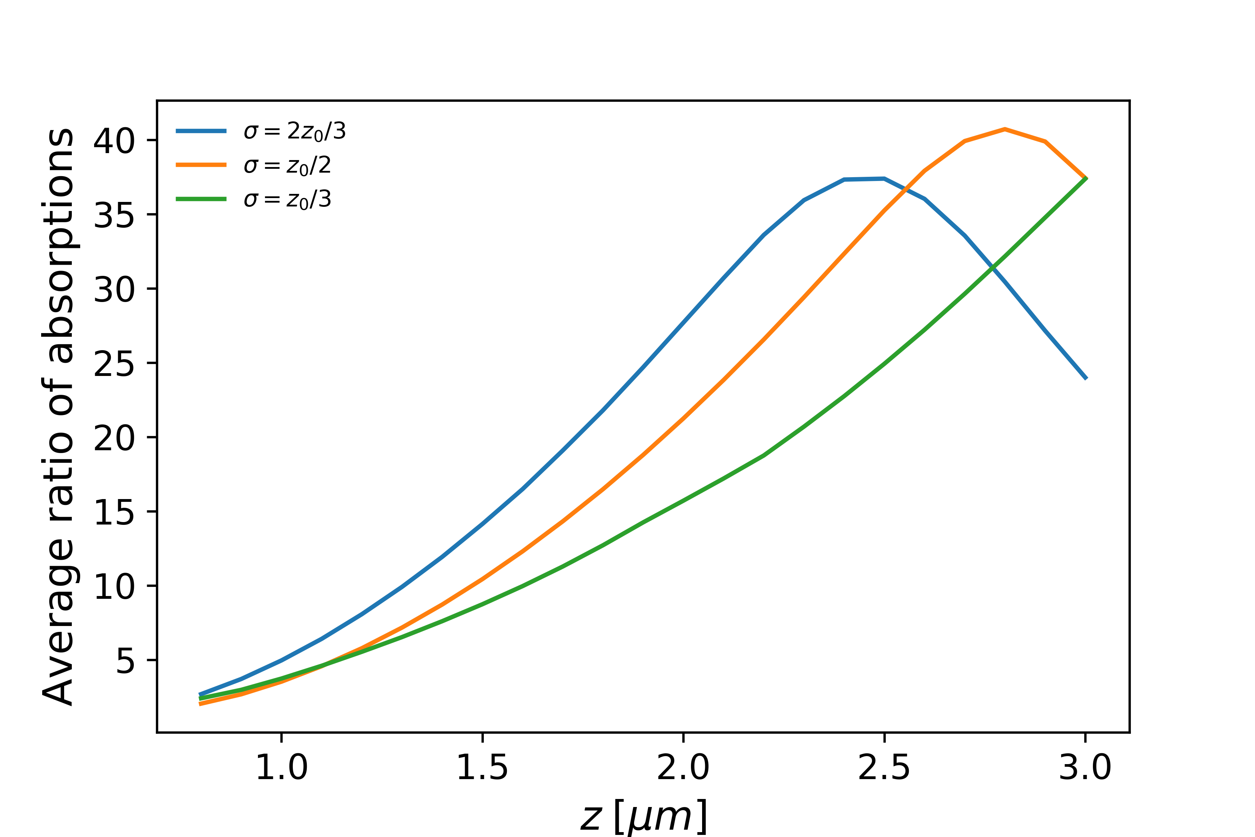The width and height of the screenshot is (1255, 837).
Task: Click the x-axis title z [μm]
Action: (644, 816)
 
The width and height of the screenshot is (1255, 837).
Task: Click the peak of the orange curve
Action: (1005, 129)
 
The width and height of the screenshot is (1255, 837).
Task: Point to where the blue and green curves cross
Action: (992, 267)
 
